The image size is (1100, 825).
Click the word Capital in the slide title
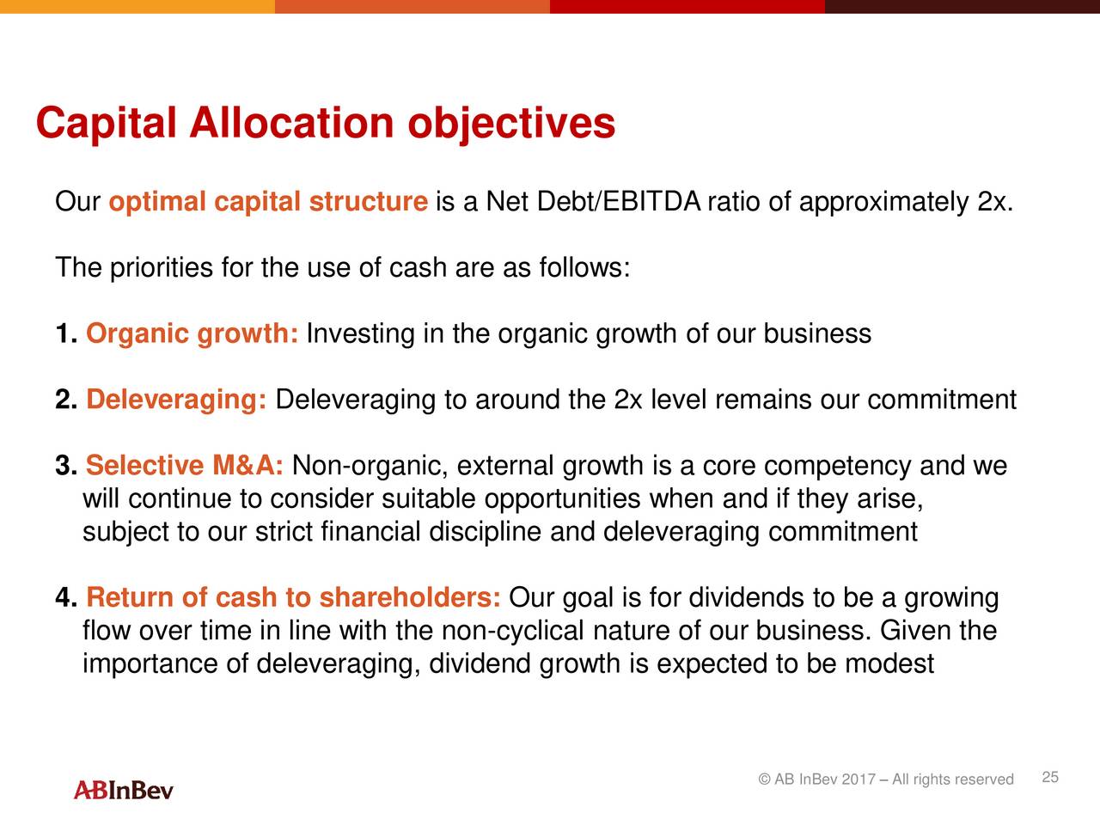click(107, 123)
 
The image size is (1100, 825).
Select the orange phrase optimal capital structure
click(268, 202)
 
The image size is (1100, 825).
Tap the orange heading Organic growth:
click(192, 334)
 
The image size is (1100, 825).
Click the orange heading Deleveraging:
click(176, 400)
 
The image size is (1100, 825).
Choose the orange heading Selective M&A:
click(185, 465)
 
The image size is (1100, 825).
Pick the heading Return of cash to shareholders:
click(293, 597)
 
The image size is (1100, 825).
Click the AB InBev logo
click(123, 791)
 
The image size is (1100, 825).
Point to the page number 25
click(1050, 778)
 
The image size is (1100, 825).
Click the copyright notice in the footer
click(886, 779)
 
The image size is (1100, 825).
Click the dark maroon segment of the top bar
click(962, 7)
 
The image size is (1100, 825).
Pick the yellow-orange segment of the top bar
click(137, 7)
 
